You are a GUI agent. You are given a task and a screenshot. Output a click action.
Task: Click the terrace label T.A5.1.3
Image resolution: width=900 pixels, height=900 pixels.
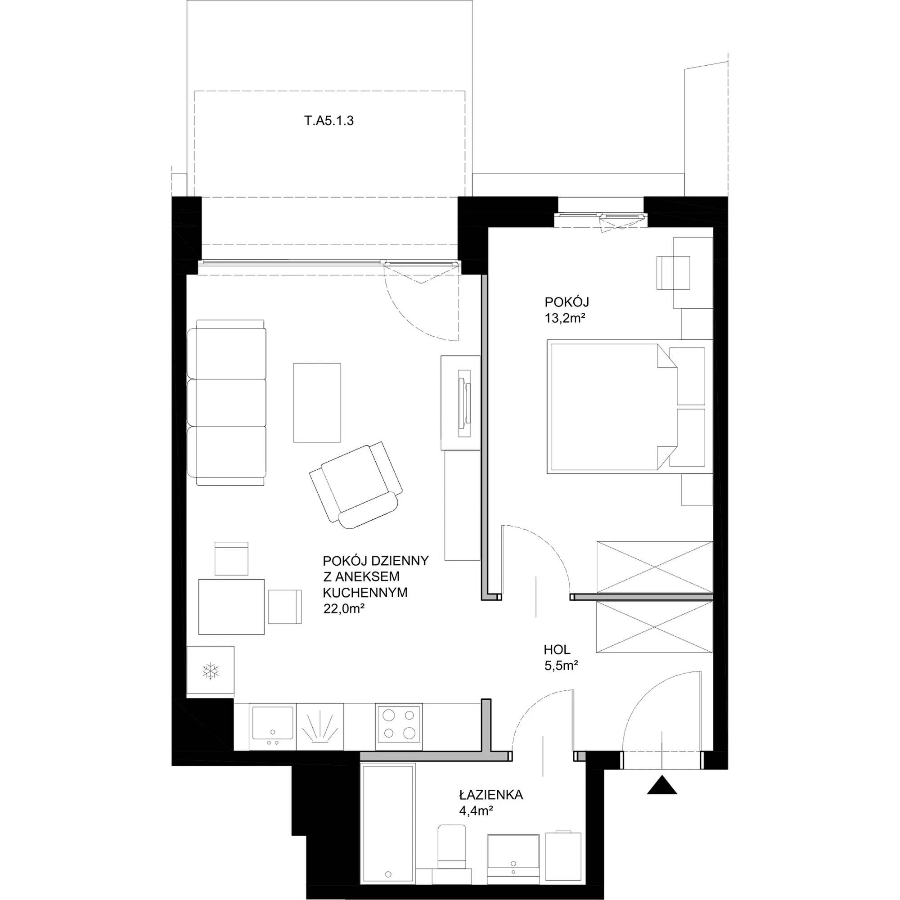click(329, 121)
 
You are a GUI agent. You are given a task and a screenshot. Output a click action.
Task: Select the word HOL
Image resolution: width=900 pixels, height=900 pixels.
click(557, 649)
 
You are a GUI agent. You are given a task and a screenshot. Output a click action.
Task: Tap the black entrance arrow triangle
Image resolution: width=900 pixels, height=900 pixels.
click(662, 785)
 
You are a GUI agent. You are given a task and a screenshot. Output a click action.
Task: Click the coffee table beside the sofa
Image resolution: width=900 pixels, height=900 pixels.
click(317, 402)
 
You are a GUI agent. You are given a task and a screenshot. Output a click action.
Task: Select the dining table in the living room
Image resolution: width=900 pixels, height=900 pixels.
click(231, 607)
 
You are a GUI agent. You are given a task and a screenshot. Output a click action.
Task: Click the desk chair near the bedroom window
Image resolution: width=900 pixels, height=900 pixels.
click(673, 273)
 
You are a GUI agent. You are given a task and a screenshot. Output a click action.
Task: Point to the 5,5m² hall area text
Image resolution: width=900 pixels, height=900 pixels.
click(561, 666)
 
